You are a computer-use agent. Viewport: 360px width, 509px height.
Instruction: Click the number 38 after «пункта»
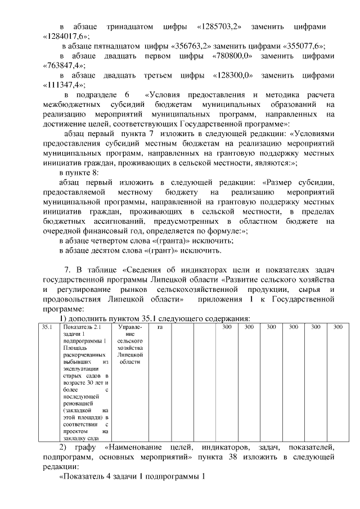coord(236,458)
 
